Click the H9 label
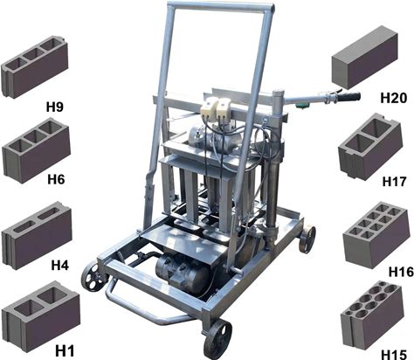55,107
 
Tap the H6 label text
56,179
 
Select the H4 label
60,266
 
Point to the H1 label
65,350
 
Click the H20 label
394,98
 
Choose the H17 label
394,182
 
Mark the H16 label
401,272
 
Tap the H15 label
394,355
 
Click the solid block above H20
365,57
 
